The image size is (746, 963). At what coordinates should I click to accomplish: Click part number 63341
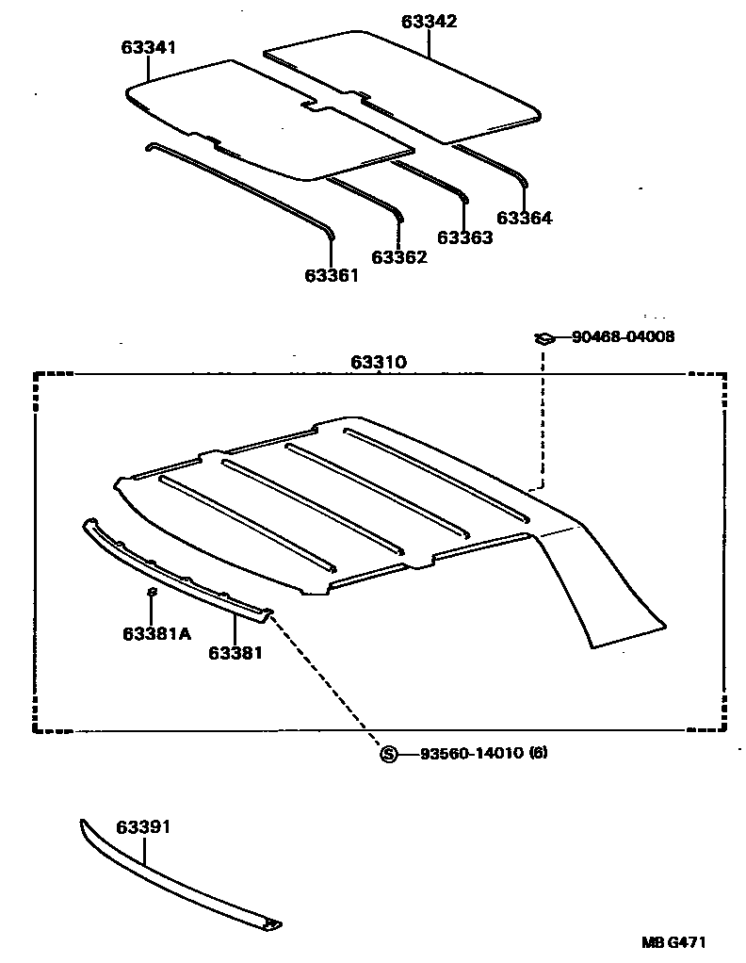point(148,47)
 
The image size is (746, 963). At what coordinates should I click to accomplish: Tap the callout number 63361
point(332,275)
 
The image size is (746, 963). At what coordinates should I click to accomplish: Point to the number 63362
point(398,257)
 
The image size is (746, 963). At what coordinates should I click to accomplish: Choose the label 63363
point(465,237)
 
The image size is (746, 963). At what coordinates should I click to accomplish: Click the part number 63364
point(524,218)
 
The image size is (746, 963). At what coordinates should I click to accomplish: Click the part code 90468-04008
point(623,336)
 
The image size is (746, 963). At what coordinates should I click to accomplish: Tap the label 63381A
point(156,633)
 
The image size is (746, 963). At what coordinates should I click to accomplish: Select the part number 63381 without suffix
point(235,651)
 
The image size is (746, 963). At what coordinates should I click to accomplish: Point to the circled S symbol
point(388,753)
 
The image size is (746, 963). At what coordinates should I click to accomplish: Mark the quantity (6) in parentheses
point(538,753)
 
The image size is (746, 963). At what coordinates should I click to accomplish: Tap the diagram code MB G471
point(674,941)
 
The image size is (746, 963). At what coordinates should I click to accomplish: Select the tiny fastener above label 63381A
point(152,592)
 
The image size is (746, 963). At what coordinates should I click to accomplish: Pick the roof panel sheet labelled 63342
point(405,85)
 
